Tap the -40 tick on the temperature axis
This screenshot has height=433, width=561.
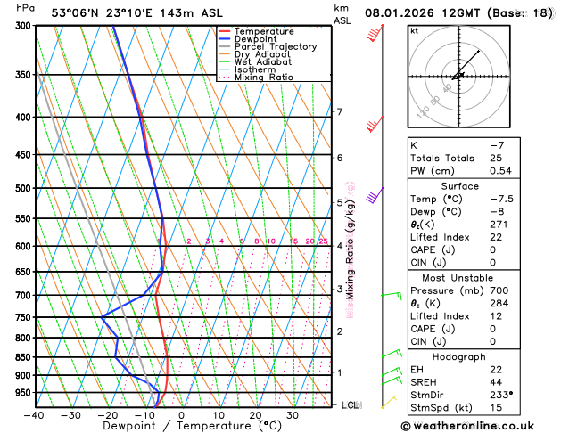point(35,414)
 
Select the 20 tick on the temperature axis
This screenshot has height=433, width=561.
point(255,414)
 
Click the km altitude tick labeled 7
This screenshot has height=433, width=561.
point(339,112)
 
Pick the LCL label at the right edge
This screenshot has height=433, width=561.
point(351,405)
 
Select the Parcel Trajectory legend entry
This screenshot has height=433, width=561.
point(275,46)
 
